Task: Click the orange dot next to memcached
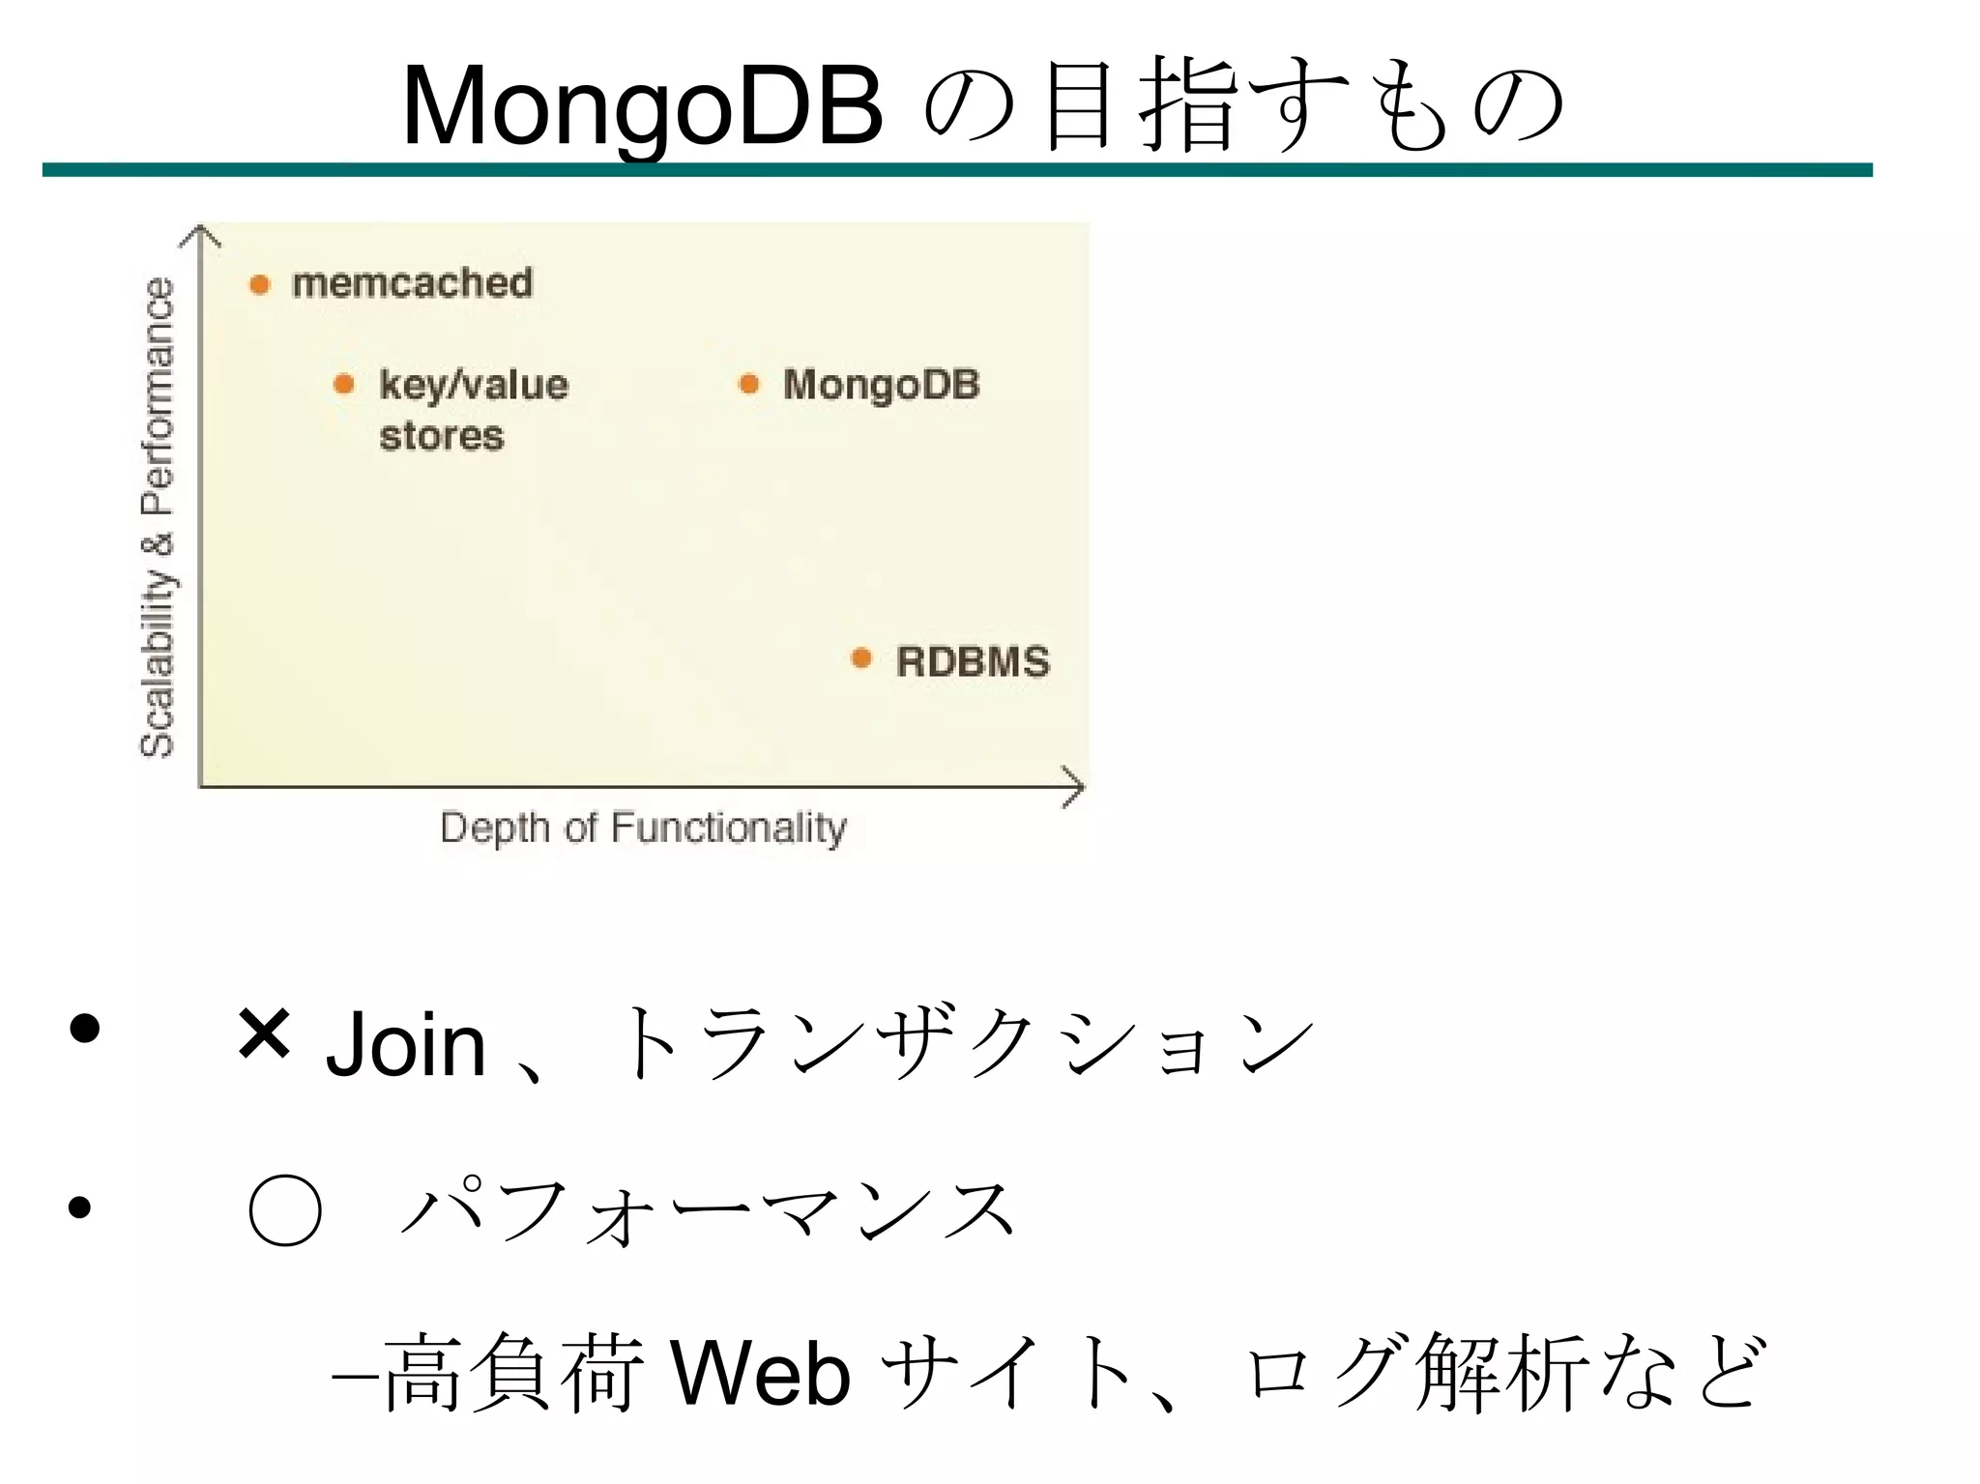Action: pyautogui.click(x=259, y=284)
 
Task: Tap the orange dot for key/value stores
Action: pyautogui.click(x=343, y=385)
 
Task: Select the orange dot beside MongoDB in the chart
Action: pyautogui.click(x=748, y=384)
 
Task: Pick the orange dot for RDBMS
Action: pyautogui.click(x=861, y=659)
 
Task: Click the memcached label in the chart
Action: pyautogui.click(x=412, y=283)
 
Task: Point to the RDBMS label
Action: pyautogui.click(x=973, y=662)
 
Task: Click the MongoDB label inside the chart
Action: pyautogui.click(x=881, y=385)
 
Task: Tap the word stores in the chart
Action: pyautogui.click(x=442, y=436)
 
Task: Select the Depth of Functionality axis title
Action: pyautogui.click(x=643, y=829)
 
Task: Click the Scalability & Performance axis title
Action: pyautogui.click(x=158, y=516)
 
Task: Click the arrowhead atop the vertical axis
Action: pyautogui.click(x=200, y=235)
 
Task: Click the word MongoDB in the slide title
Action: pyautogui.click(x=642, y=106)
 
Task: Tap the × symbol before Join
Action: pyautogui.click(x=264, y=1033)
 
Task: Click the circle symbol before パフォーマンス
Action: pyautogui.click(x=284, y=1209)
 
